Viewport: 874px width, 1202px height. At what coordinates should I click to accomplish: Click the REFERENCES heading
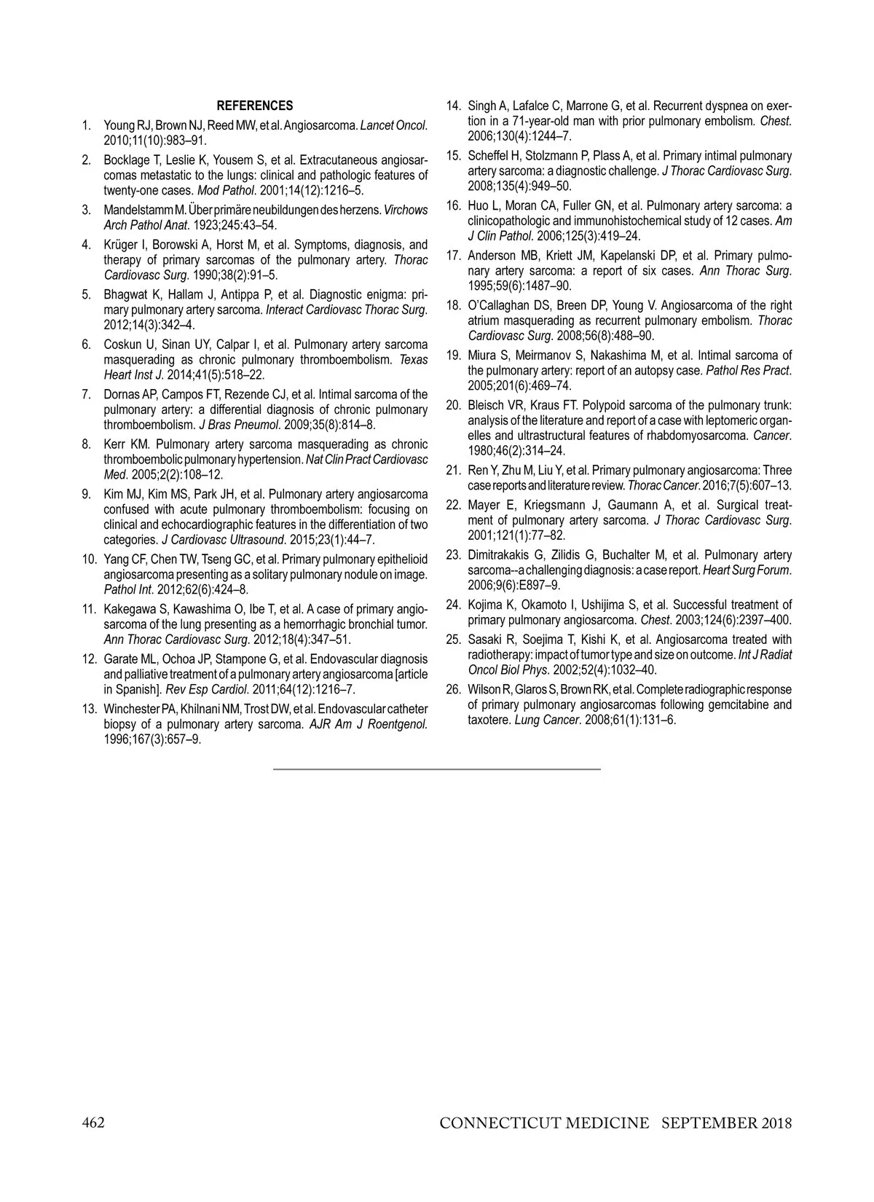click(x=255, y=106)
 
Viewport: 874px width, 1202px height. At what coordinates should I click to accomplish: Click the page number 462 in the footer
click(x=92, y=1123)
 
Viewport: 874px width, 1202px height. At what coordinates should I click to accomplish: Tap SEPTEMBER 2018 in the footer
click(x=726, y=1123)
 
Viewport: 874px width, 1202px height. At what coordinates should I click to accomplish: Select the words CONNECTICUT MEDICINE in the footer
click(x=544, y=1123)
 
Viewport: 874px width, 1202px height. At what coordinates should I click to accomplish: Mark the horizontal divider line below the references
click(x=437, y=769)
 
